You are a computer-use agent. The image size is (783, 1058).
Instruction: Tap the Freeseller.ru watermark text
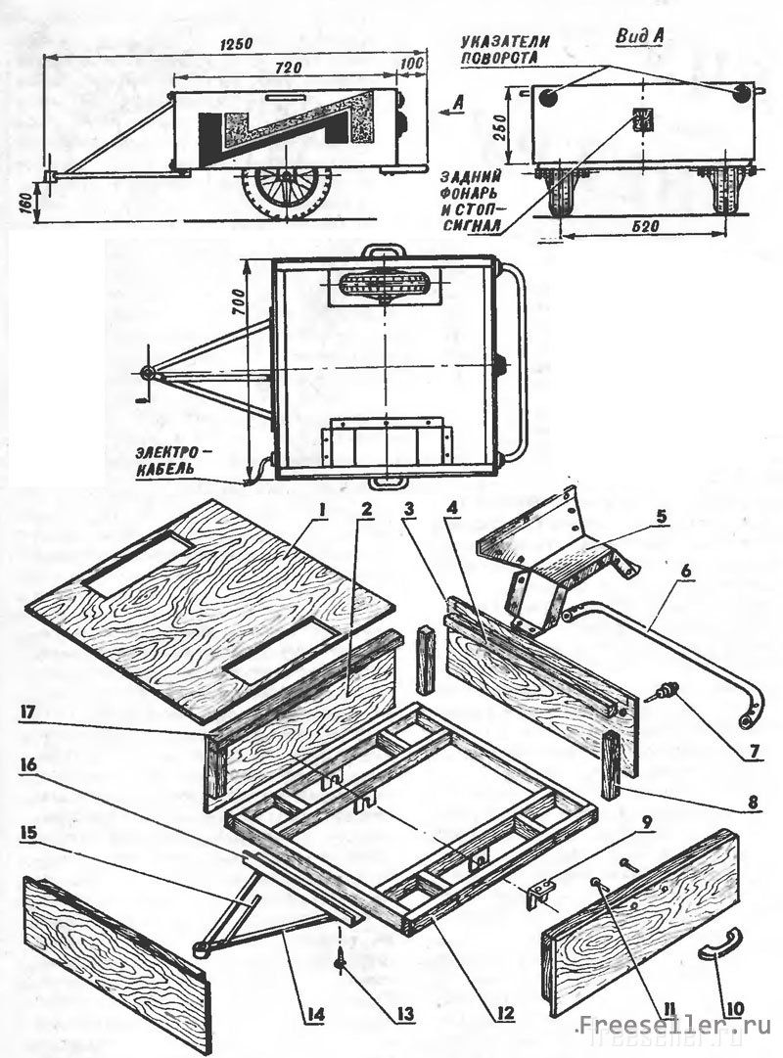(x=675, y=1026)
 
